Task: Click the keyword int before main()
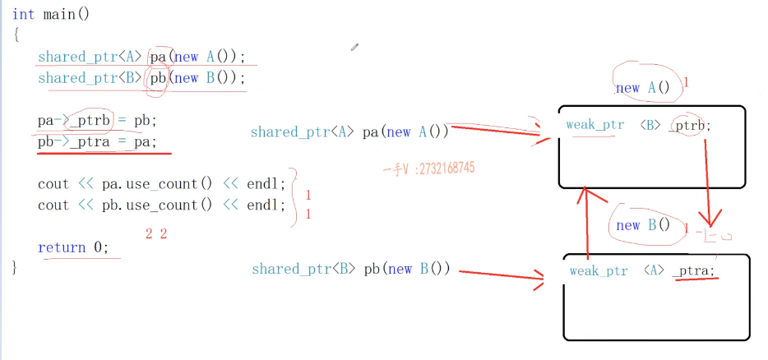click(23, 14)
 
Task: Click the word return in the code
click(62, 247)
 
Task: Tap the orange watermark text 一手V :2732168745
click(428, 169)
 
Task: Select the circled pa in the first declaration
click(159, 57)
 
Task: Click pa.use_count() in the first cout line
click(150, 183)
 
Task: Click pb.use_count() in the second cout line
click(150, 205)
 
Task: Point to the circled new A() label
click(642, 88)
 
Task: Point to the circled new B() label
click(643, 225)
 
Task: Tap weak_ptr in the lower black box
click(598, 270)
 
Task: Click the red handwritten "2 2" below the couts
click(156, 234)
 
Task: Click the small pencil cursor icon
click(354, 48)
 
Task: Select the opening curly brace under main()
click(16, 35)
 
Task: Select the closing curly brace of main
click(15, 268)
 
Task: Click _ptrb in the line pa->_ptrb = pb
click(88, 120)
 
